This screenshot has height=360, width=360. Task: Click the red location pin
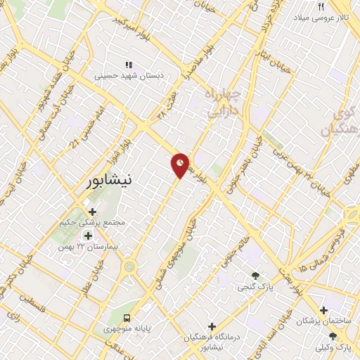tap(180, 165)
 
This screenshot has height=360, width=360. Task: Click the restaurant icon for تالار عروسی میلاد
tap(321, 6)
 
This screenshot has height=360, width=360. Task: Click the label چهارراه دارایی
tap(224, 101)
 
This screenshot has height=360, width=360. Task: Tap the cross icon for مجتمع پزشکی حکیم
tap(92, 211)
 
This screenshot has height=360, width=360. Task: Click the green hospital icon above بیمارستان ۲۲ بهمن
tap(88, 235)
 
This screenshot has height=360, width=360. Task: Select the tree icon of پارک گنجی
tap(255, 276)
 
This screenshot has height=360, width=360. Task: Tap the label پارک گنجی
tap(251, 287)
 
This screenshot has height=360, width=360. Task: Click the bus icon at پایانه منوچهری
tap(127, 317)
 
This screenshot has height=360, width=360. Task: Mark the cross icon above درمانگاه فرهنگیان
tap(212, 326)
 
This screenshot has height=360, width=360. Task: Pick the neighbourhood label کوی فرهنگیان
tap(336, 121)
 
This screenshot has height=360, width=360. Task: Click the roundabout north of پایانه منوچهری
tap(129, 266)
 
